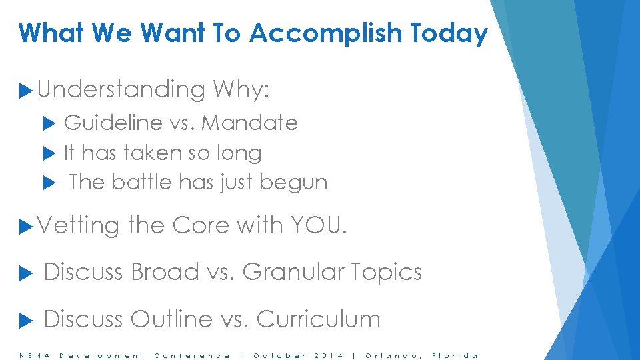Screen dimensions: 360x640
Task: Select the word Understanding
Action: coord(121,89)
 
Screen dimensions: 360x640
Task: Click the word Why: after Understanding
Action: coord(241,89)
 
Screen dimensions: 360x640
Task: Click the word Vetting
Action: coord(79,225)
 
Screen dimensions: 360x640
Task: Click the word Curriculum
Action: coord(318,319)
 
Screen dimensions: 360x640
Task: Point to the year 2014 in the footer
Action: coord(329,355)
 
